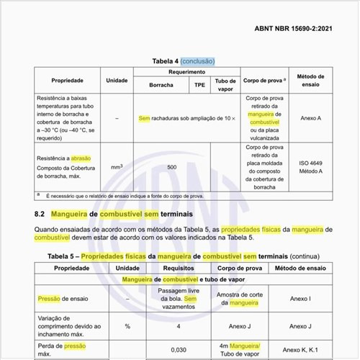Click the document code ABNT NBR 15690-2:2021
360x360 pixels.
294,29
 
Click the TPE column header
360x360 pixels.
199,84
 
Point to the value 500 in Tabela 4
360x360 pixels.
171,166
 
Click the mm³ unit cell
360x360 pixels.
117,166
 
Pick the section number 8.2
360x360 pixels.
41,214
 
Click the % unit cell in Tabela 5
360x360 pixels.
127,325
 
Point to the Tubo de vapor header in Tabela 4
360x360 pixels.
225,84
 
